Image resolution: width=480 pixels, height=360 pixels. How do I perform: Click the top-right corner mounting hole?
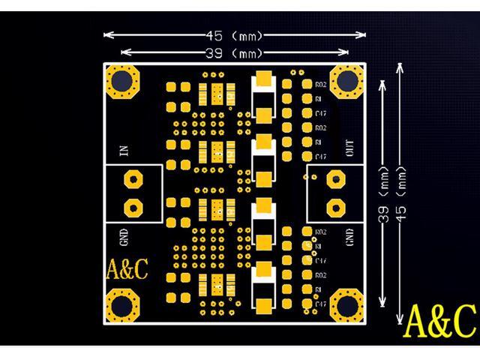click(x=347, y=81)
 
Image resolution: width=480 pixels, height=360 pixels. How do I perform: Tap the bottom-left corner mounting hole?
click(x=121, y=306)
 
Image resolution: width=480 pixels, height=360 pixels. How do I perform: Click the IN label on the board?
click(x=124, y=151)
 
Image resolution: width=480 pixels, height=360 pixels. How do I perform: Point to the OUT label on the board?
click(x=350, y=150)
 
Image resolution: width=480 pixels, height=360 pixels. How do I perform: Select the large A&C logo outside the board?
click(x=439, y=320)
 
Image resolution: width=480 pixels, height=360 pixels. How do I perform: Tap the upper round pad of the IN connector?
click(x=133, y=180)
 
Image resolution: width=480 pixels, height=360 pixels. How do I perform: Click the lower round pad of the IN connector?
click(x=133, y=207)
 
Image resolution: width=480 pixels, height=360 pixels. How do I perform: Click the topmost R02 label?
click(x=320, y=85)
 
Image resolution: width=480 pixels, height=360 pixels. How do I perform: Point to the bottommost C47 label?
click(x=320, y=304)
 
